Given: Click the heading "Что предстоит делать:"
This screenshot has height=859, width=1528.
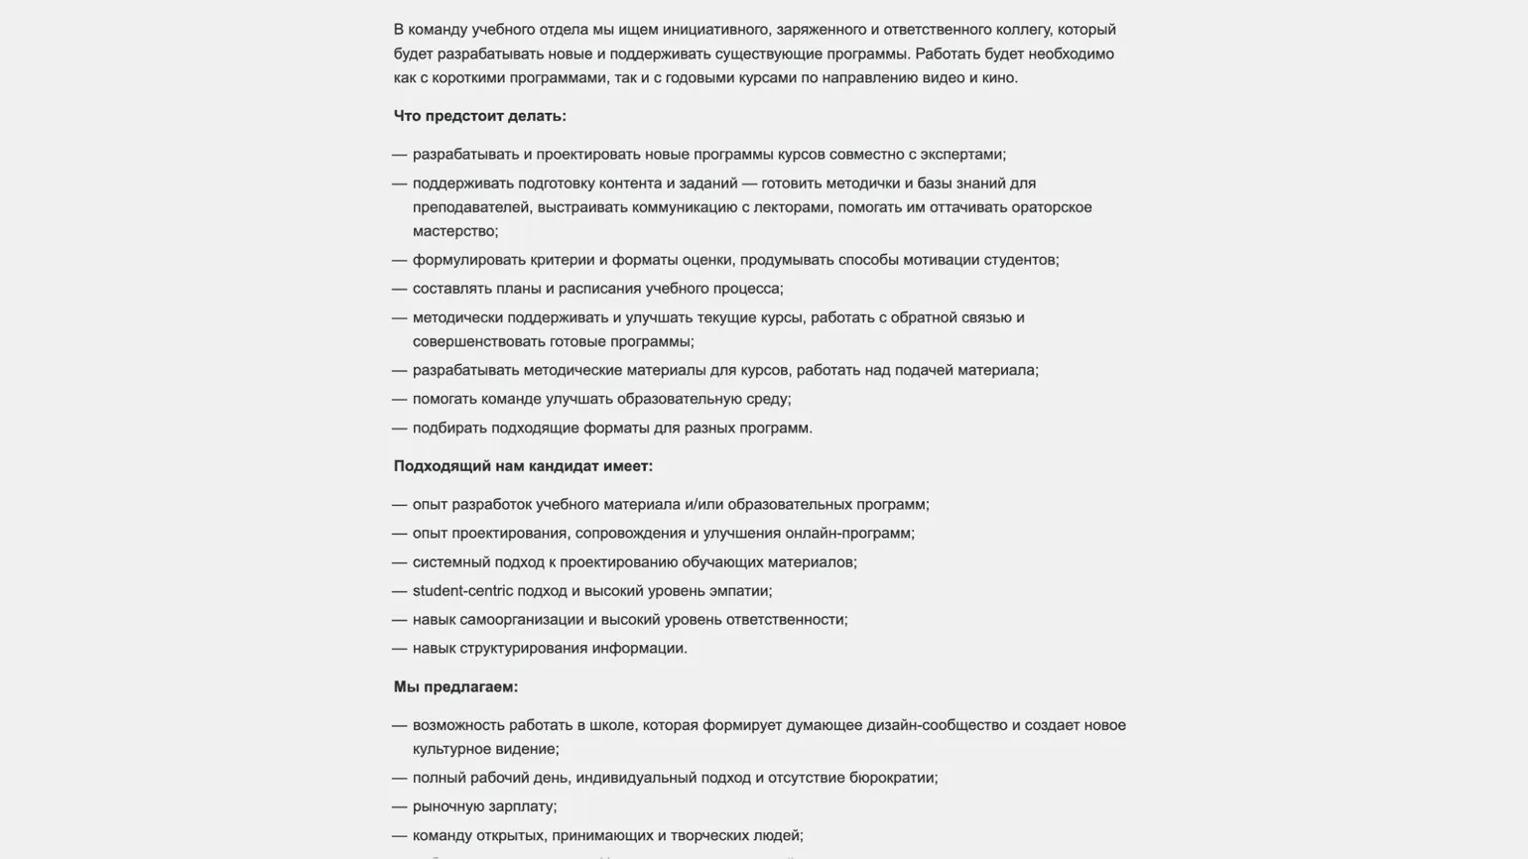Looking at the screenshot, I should click(479, 116).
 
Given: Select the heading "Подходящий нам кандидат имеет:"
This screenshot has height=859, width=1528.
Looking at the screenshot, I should click(523, 466).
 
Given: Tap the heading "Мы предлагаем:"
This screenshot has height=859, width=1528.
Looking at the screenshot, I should click(455, 687).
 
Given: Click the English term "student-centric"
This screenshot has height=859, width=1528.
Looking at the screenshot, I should click(462, 591).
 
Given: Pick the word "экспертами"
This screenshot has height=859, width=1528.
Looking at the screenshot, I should click(961, 155).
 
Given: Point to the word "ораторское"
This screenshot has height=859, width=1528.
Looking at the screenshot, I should click(1052, 207).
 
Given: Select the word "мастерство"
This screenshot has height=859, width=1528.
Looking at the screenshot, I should click(453, 232).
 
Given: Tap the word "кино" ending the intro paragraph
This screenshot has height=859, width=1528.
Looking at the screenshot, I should click(998, 78).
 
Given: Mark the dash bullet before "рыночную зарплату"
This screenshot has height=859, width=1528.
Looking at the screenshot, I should click(399, 807).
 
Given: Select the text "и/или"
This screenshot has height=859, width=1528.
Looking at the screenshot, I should click(704, 505).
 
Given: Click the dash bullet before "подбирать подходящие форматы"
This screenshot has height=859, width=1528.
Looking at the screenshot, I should click(399, 429).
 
